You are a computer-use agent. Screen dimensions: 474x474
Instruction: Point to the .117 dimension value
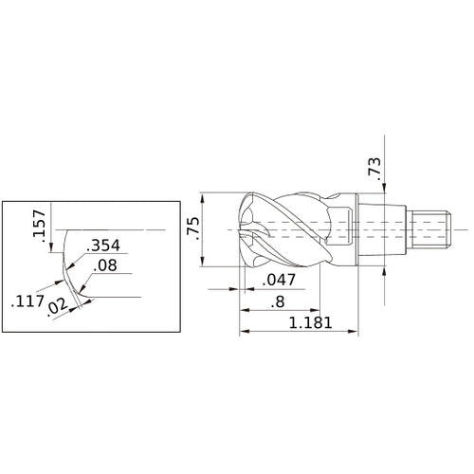pos(26,303)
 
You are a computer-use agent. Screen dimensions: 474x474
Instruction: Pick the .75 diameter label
pos(193,228)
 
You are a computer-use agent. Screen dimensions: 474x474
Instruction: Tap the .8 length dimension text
pos(278,303)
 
